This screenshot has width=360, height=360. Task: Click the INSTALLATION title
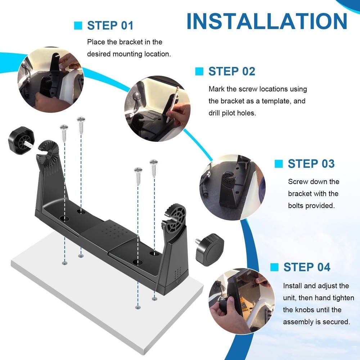pos(267,21)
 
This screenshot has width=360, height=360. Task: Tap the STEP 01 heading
pos(110,26)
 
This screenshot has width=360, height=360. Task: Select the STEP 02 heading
pos(231,71)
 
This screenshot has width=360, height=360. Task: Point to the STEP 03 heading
pos(311,164)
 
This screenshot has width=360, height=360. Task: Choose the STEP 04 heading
pos(307,267)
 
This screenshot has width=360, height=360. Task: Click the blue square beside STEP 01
pos(78,26)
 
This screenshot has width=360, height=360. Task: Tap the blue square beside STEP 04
pos(274,267)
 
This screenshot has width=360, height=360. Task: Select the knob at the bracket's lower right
pos(210,250)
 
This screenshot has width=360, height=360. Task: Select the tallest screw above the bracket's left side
pos(81,125)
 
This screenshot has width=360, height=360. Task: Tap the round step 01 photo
pos(51,80)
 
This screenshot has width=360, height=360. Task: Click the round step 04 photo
pos(242,301)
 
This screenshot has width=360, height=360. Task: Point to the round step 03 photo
pos(232,187)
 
